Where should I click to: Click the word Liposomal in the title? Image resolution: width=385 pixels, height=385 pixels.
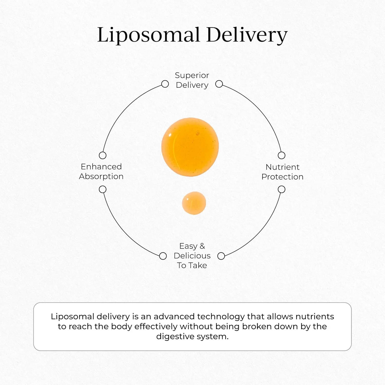pyautogui.click(x=148, y=35)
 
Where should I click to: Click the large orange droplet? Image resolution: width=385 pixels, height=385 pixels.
pyautogui.click(x=190, y=147)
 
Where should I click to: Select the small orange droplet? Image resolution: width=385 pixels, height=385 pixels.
pyautogui.click(x=194, y=203)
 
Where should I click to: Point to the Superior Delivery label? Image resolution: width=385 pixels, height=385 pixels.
pyautogui.click(x=192, y=80)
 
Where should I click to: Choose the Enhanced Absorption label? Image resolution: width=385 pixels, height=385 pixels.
pyautogui.click(x=101, y=171)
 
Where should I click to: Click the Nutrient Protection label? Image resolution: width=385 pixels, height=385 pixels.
pyautogui.click(x=282, y=172)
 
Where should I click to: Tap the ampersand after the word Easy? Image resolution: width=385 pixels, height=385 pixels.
pyautogui.click(x=202, y=246)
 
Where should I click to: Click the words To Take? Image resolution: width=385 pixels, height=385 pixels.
pyautogui.click(x=192, y=265)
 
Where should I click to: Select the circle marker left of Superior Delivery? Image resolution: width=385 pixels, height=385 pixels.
pyautogui.click(x=165, y=84)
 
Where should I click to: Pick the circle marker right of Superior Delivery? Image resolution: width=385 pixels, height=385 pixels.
pyautogui.click(x=219, y=84)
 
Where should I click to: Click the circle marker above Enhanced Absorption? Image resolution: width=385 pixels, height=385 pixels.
pyautogui.click(x=103, y=155)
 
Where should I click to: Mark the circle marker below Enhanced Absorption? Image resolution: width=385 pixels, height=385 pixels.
pyautogui.click(x=103, y=189)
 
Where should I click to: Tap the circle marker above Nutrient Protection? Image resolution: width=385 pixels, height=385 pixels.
pyautogui.click(x=282, y=155)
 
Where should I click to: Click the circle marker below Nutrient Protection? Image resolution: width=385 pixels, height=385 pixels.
pyautogui.click(x=282, y=189)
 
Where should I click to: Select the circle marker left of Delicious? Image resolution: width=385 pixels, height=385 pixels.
pyautogui.click(x=163, y=256)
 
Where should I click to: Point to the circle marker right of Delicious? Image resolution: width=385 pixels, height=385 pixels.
pyautogui.click(x=221, y=256)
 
